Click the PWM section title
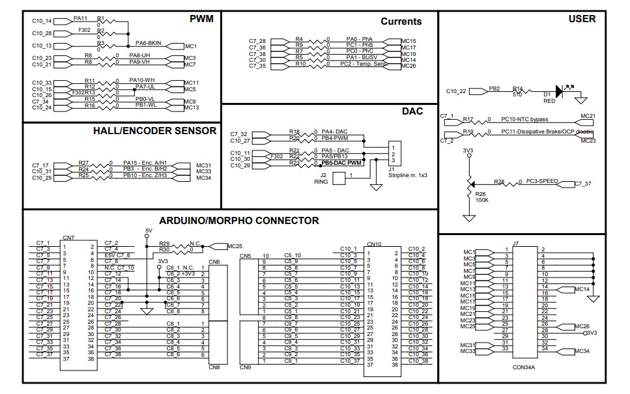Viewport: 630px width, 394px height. coord(201,19)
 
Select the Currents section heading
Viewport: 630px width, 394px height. coord(401,21)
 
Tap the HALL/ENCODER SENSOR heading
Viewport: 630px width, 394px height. coord(154,131)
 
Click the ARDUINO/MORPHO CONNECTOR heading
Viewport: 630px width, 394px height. coord(239,221)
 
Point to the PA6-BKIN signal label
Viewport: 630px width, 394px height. coord(148,43)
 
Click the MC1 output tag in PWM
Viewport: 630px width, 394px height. coord(190,46)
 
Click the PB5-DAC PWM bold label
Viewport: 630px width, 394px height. coord(341,162)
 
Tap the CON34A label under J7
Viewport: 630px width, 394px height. coord(523,368)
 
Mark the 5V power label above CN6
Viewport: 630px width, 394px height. coord(148,230)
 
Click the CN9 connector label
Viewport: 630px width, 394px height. coord(246,368)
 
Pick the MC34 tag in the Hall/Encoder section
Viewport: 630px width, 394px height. coord(203,178)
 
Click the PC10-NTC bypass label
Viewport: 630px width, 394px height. coord(524,119)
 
